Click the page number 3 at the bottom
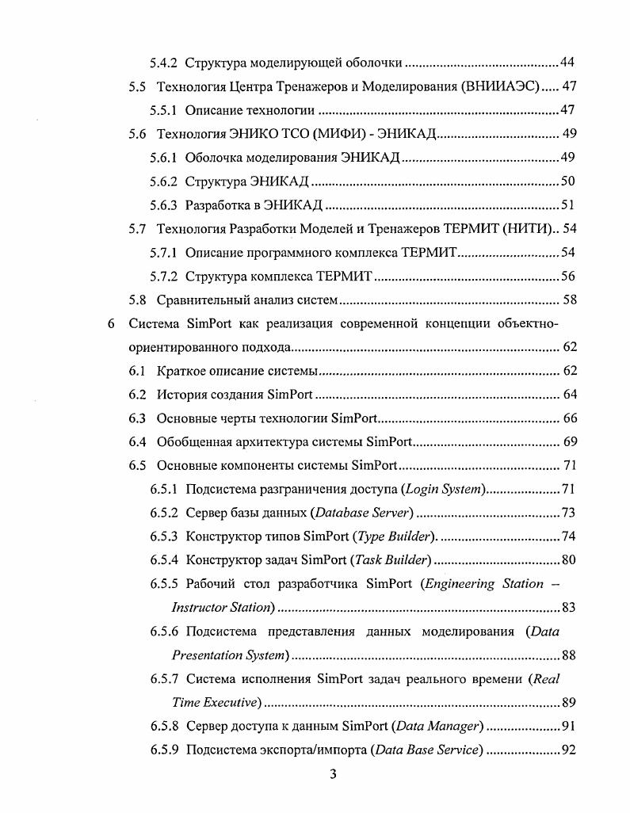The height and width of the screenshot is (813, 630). (333, 774)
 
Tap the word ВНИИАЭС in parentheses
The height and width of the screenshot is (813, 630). (502, 86)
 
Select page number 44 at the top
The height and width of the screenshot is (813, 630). (567, 62)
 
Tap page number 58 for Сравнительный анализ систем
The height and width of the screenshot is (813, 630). (569, 300)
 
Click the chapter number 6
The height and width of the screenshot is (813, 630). (111, 323)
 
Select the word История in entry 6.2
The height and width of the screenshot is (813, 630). (182, 395)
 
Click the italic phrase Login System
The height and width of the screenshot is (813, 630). (444, 490)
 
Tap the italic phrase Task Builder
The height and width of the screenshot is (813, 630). (391, 561)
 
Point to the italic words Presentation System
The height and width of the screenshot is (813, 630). (229, 655)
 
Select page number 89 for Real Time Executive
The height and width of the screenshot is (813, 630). (567, 703)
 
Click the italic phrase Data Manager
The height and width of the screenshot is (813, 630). (441, 727)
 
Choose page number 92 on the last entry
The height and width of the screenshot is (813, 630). (567, 750)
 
